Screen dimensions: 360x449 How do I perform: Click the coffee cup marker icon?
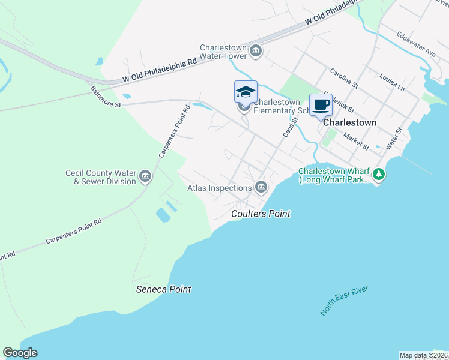point(321,106)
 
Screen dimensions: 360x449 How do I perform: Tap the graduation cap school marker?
point(246,92)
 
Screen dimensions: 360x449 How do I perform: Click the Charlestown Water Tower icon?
point(256,50)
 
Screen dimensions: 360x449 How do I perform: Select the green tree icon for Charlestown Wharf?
point(378,175)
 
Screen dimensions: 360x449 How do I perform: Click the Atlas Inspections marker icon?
point(261,188)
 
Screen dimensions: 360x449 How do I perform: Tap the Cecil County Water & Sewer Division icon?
point(145,176)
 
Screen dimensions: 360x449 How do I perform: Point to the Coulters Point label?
point(261,214)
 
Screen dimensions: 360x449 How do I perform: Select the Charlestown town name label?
point(350,122)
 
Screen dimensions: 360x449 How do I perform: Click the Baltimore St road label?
point(106,96)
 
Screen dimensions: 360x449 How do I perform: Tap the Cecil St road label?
point(291,124)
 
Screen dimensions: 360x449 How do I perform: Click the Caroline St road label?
point(343,78)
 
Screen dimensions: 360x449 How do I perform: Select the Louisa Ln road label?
point(392,82)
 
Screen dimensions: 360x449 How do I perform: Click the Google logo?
point(20,353)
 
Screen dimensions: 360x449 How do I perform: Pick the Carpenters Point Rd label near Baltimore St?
point(174,131)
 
